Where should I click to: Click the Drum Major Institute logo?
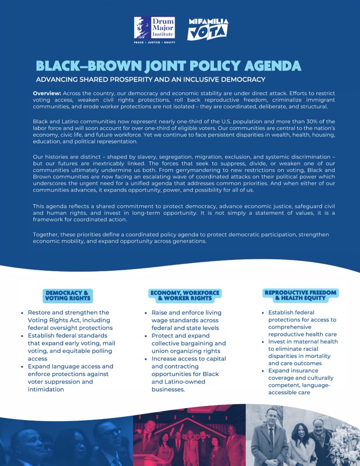click(154, 28)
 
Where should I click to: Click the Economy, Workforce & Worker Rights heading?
click(184, 295)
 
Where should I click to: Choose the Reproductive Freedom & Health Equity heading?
click(300, 295)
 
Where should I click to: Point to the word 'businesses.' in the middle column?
click(168, 389)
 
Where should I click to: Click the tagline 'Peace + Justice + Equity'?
click(154, 42)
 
